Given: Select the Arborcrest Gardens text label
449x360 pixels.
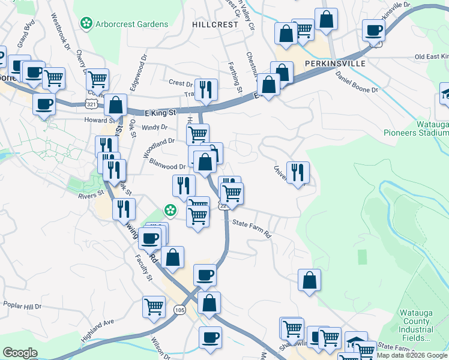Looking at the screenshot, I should click(131, 24).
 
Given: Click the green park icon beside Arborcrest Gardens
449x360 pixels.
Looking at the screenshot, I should click(86, 24).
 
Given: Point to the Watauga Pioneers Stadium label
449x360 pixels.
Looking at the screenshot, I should click(415, 128).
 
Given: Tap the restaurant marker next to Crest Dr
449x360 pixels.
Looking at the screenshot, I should click(206, 90).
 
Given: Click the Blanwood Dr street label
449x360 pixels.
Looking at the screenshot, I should click(167, 166).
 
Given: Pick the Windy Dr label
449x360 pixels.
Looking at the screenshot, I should click(155, 127).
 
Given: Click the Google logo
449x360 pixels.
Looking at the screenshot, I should click(20, 353).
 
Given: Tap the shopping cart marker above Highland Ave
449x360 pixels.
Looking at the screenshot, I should click(154, 307).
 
